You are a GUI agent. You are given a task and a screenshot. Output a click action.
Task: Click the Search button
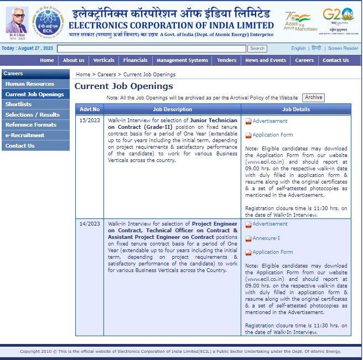point(257,49)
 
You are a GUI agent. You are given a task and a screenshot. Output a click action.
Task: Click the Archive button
point(313,97)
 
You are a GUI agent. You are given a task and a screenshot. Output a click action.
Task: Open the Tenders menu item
point(227,60)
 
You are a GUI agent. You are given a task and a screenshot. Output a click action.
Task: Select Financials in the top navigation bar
point(136,60)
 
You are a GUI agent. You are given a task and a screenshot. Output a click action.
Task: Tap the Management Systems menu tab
point(182,60)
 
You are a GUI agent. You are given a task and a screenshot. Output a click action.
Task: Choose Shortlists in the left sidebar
point(19,105)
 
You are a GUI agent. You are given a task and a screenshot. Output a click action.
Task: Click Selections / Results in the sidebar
point(33,114)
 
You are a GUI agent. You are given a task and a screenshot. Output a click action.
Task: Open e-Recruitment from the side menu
point(25,135)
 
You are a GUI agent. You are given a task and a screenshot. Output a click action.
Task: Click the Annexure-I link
point(266,238)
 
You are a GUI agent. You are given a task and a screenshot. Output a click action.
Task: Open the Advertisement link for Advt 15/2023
point(270,121)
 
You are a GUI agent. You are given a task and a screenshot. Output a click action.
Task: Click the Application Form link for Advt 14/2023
point(273,252)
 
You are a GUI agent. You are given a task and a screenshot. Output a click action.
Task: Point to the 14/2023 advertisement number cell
point(90,224)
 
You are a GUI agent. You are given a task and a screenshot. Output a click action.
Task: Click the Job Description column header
point(173,109)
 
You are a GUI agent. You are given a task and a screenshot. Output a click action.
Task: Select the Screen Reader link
point(343,49)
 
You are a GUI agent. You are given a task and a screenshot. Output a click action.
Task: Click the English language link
point(298,49)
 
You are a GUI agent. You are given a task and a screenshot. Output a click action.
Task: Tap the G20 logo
point(338,19)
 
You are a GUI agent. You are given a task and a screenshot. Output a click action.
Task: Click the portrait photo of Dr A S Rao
point(17,20)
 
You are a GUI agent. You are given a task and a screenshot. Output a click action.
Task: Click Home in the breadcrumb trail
point(83,74)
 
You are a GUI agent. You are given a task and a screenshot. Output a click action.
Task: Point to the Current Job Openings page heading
point(124,86)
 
